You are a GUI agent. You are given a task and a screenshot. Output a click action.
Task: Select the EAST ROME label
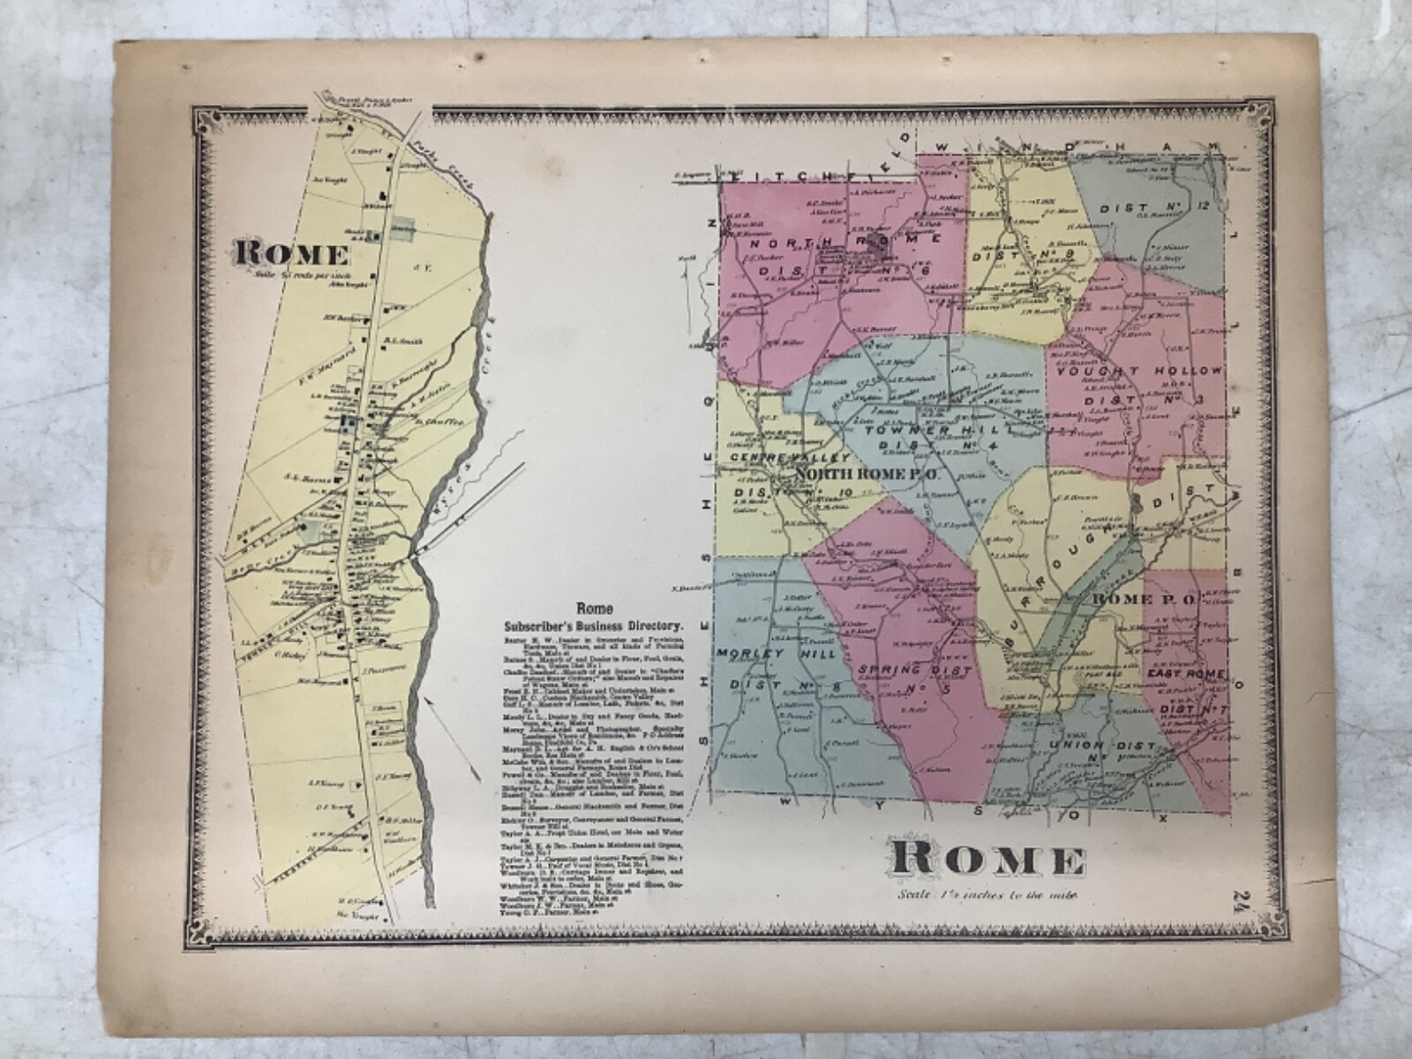(1185, 672)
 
